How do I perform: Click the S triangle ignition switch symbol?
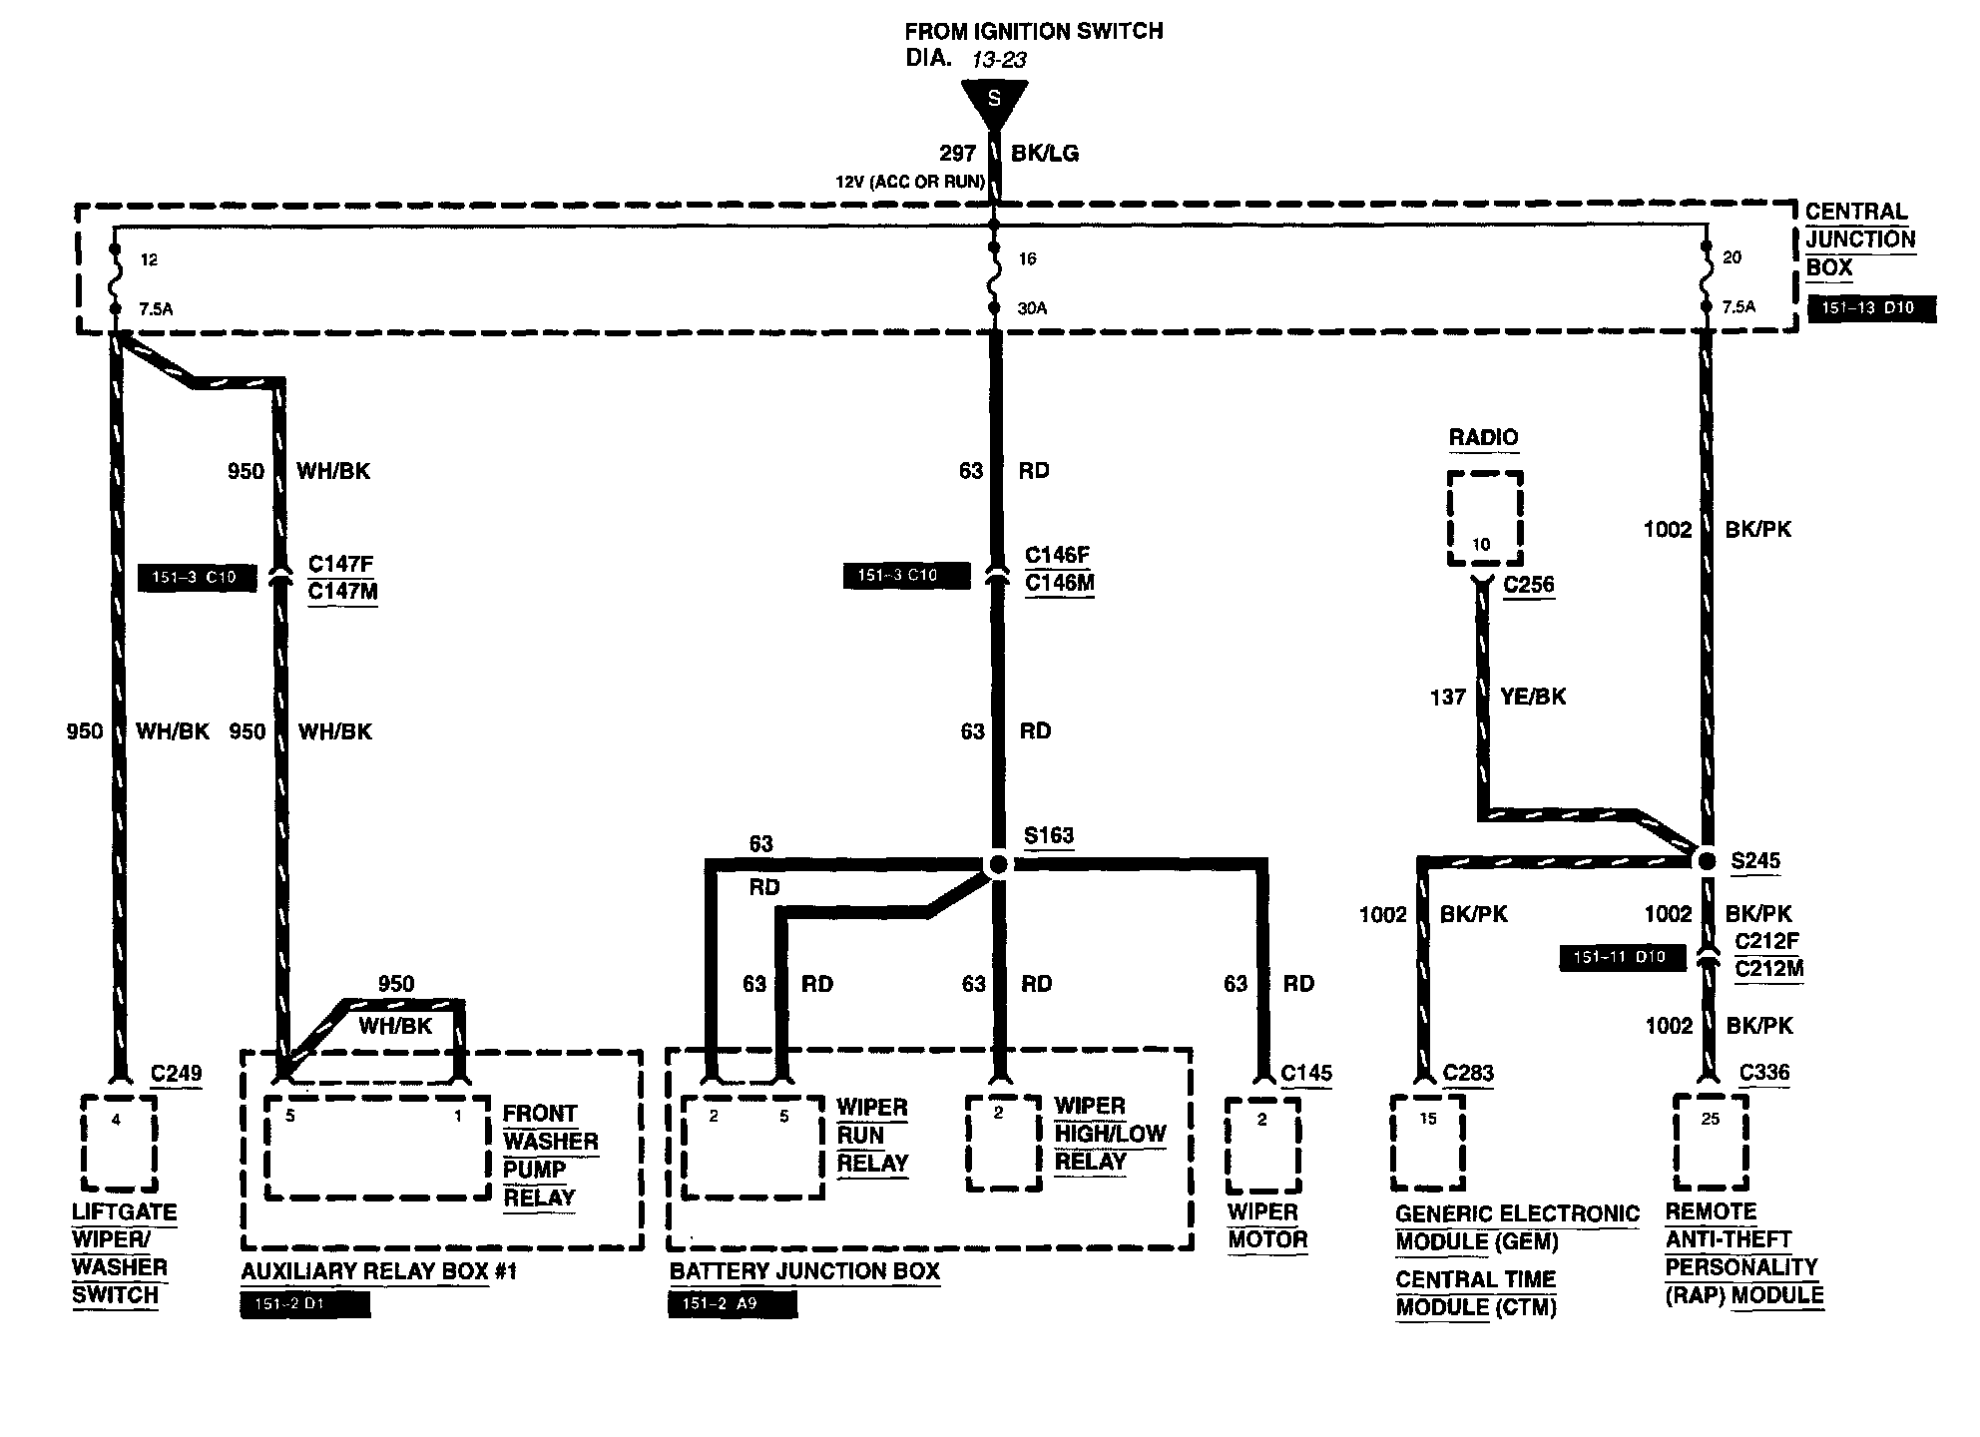pyautogui.click(x=994, y=101)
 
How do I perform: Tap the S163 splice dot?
pyautogui.click(x=996, y=864)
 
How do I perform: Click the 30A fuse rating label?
pyautogui.click(x=1031, y=308)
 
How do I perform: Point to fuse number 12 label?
pyautogui.click(x=149, y=259)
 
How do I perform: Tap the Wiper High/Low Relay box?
pyautogui.click(x=1002, y=1144)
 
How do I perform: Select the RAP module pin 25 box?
pyautogui.click(x=1711, y=1144)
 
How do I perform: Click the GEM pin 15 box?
pyautogui.click(x=1428, y=1144)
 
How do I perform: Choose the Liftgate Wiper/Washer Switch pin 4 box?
pyautogui.click(x=119, y=1144)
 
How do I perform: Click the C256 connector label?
pyautogui.click(x=1528, y=585)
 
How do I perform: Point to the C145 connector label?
pyautogui.click(x=1305, y=1074)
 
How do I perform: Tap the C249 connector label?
pyautogui.click(x=176, y=1074)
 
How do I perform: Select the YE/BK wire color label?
pyautogui.click(x=1533, y=697)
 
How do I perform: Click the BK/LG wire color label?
pyautogui.click(x=1045, y=154)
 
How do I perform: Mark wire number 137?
pyautogui.click(x=1447, y=697)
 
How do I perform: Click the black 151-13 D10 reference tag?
pyautogui.click(x=1871, y=308)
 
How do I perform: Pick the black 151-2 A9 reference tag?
pyautogui.click(x=733, y=1304)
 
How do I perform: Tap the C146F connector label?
pyautogui.click(x=1057, y=556)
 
